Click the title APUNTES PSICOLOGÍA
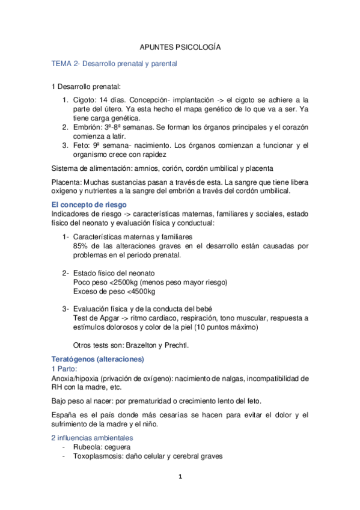pyautogui.click(x=180, y=47)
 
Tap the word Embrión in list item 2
pyautogui.click(x=87, y=128)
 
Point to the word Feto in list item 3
pyautogui.click(x=80, y=146)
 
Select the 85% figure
pyautogui.click(x=80, y=246)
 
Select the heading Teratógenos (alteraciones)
pyautogui.click(x=98, y=359)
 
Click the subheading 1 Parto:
pyautogui.click(x=66, y=369)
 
